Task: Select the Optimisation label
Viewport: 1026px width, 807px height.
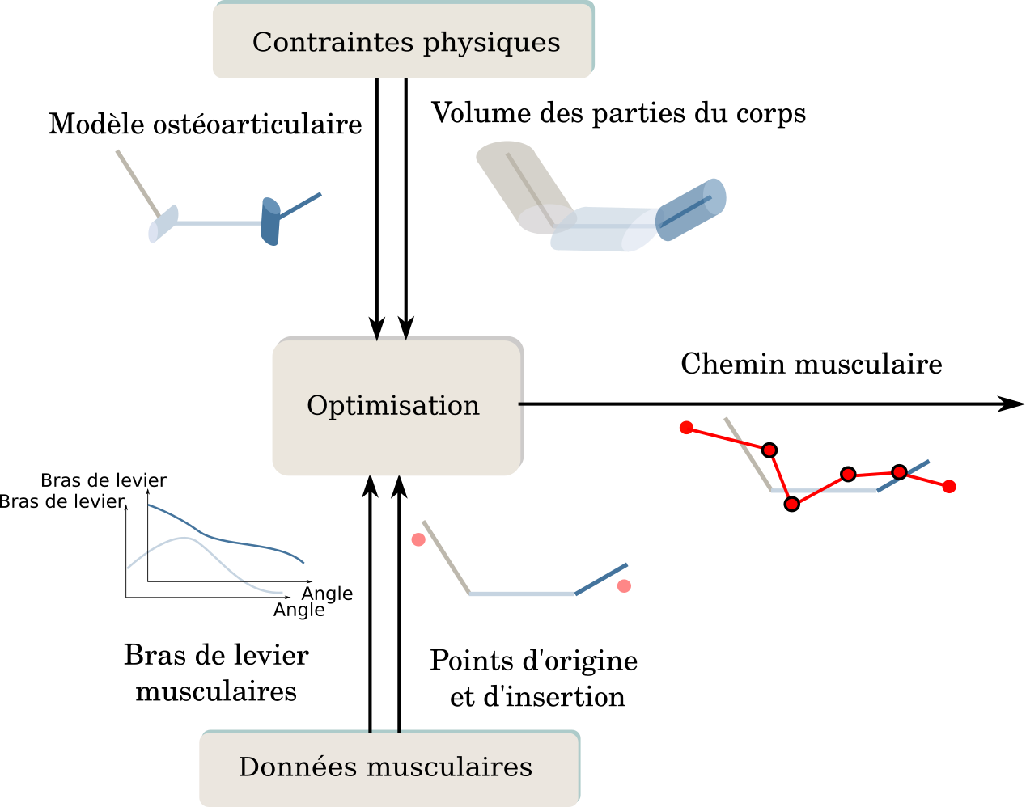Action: (393, 406)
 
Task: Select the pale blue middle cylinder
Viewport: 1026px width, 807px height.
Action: (603, 230)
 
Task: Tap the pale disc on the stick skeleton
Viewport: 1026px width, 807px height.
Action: (162, 224)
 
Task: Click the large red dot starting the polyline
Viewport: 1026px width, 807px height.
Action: (687, 428)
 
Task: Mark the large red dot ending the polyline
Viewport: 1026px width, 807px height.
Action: (949, 486)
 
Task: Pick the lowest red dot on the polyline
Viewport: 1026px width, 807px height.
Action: (792, 504)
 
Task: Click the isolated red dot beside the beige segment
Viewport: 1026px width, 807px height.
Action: (418, 539)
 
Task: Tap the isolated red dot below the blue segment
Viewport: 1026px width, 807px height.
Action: (624, 586)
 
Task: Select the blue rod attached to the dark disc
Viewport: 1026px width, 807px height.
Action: (301, 205)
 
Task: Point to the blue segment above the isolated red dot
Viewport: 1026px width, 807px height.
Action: (602, 579)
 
